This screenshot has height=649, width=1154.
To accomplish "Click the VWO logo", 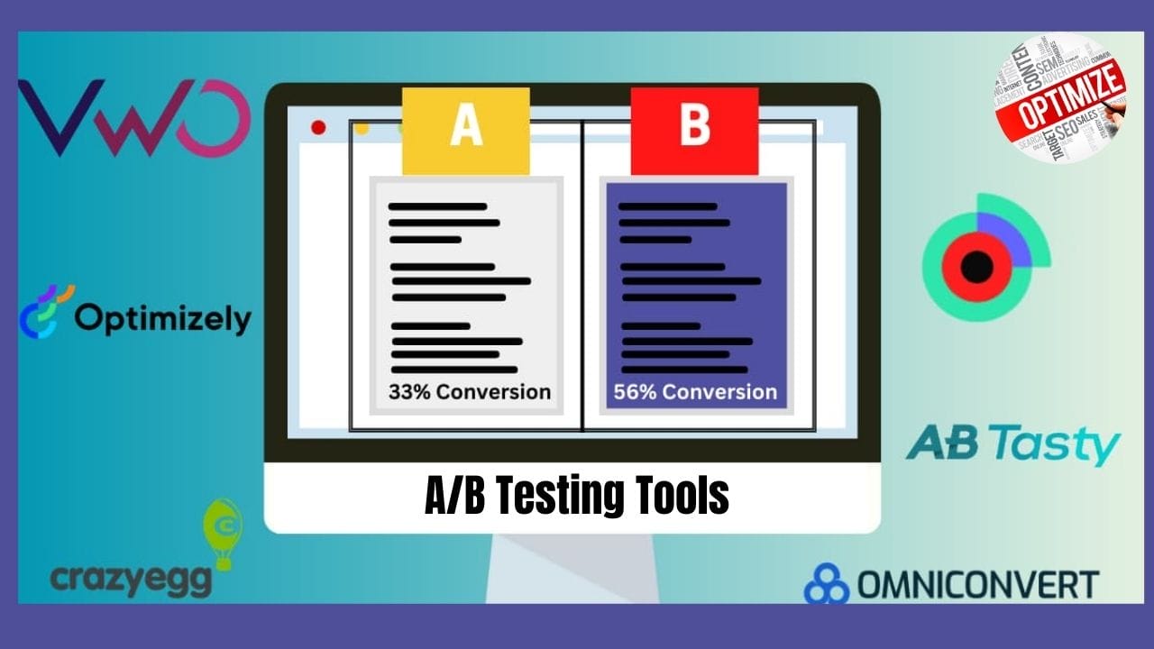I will point(133,118).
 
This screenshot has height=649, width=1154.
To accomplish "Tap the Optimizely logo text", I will point(162,318).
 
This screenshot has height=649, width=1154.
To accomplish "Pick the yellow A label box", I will point(465,130).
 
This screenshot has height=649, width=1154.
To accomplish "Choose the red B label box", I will point(694,130).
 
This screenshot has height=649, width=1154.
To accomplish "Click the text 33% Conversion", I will point(469,392).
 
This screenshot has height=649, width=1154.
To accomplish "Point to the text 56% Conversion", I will point(695,392).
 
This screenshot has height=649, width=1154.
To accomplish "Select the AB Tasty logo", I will point(1012,444).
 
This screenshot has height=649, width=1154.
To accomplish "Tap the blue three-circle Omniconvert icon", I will point(826,584).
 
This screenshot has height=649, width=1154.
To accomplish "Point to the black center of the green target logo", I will point(976,267).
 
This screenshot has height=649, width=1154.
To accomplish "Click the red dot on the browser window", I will point(318,127).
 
